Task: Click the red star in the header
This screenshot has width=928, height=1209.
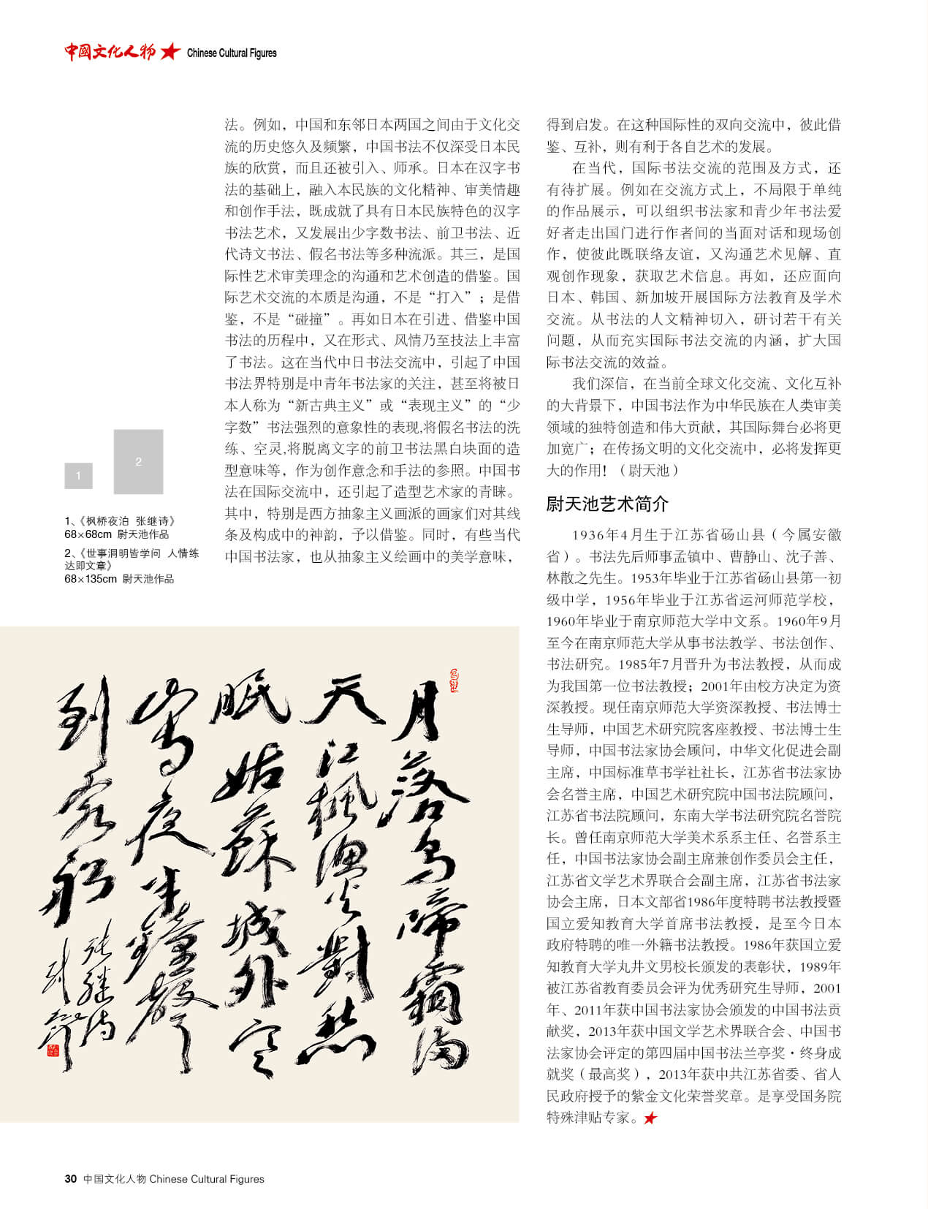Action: point(170,52)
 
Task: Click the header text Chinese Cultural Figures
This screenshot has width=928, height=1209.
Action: point(232,53)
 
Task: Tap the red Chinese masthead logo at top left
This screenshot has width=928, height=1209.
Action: point(110,52)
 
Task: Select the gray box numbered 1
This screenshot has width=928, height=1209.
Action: point(78,476)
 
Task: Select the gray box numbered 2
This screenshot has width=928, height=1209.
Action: point(138,461)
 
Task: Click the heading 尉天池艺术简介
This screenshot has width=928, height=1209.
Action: point(606,504)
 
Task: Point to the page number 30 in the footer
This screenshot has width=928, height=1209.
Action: point(70,1178)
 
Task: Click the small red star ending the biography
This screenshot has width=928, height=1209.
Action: point(650,1118)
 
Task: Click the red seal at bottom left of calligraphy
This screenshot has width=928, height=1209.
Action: point(53,1050)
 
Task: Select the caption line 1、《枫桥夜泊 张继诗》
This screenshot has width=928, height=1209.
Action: point(120,521)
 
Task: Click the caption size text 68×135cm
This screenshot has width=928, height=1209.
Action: point(90,579)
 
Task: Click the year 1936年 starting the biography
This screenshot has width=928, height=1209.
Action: point(590,535)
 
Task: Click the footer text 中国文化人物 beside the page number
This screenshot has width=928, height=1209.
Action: point(115,1178)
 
